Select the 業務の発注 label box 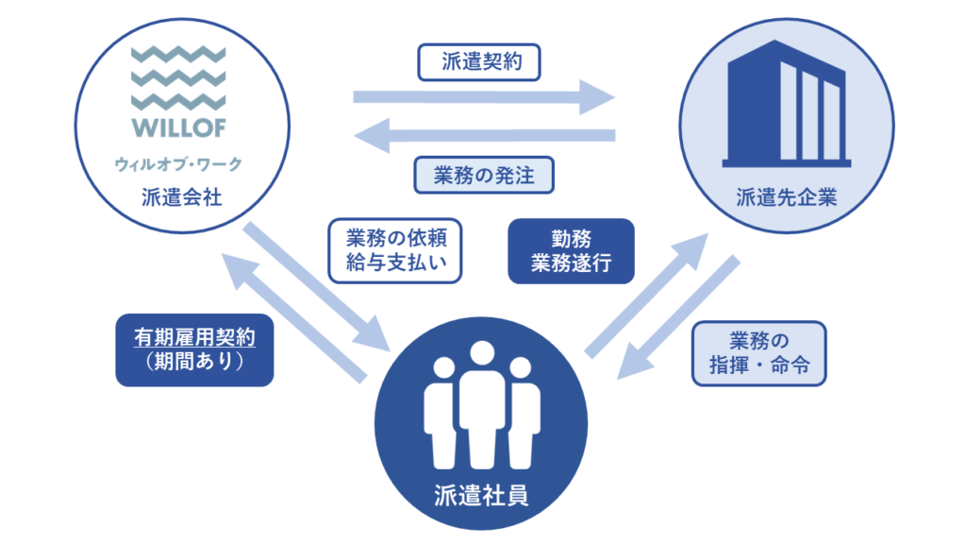[x=483, y=175]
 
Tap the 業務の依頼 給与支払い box [x=394, y=251]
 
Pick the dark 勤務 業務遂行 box [x=571, y=251]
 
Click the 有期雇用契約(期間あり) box [x=194, y=349]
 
